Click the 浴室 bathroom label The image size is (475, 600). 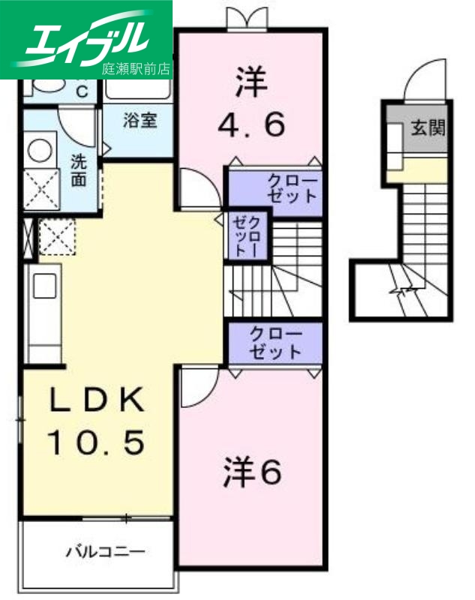coord(140,120)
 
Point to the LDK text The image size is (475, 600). coord(96,402)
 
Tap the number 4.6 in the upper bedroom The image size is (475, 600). coord(251,124)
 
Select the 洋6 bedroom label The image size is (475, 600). coord(251,472)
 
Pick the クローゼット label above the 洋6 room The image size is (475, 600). coord(275,342)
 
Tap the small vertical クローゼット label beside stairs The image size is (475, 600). coord(247,235)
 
